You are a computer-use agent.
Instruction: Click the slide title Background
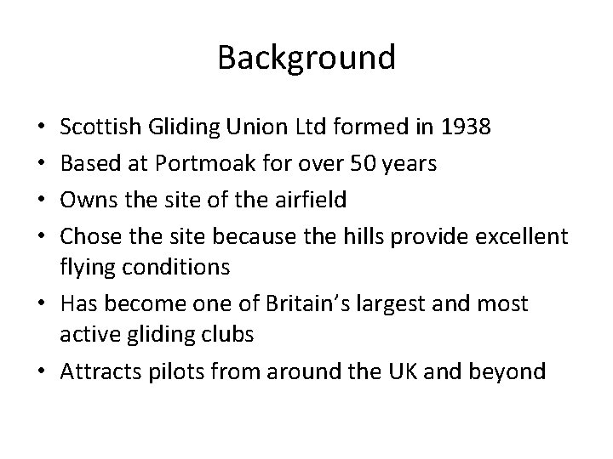[306, 58]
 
